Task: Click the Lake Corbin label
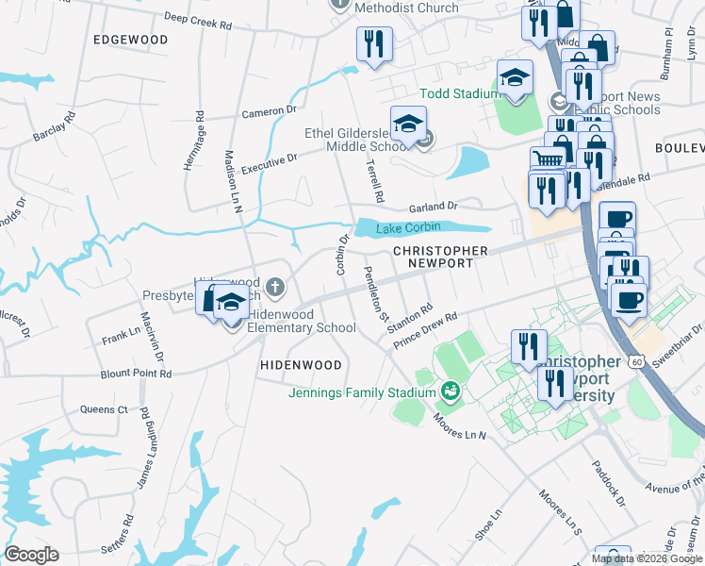pyautogui.click(x=408, y=229)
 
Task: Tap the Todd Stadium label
pyautogui.click(x=459, y=93)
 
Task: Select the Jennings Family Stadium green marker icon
pyautogui.click(x=451, y=391)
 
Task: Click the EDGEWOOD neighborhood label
pyautogui.click(x=131, y=40)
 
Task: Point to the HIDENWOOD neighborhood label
pyautogui.click(x=301, y=364)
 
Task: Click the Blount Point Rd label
pyautogui.click(x=137, y=374)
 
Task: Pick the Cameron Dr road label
pyautogui.click(x=270, y=112)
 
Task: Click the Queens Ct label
pyautogui.click(x=104, y=409)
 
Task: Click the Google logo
pyautogui.click(x=31, y=555)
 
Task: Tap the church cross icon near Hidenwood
pyautogui.click(x=274, y=286)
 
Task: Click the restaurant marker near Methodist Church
pyautogui.click(x=374, y=44)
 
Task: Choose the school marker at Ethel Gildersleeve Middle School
pyautogui.click(x=409, y=125)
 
